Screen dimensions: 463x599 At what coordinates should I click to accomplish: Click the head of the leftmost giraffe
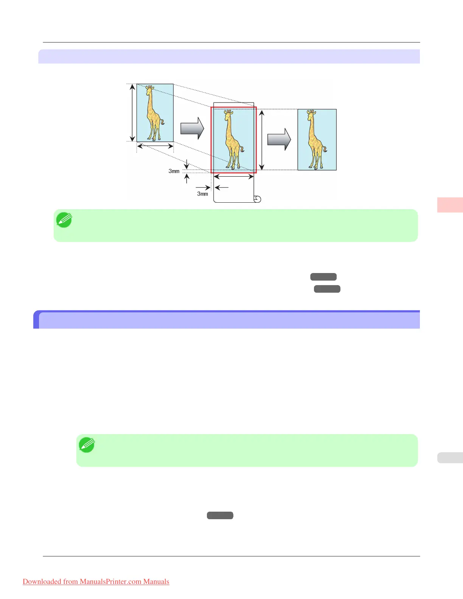pyautogui.click(x=150, y=89)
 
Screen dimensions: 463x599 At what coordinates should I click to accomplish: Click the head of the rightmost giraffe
pyautogui.click(x=311, y=113)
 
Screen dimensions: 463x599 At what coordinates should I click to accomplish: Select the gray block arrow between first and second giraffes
pyautogui.click(x=192, y=129)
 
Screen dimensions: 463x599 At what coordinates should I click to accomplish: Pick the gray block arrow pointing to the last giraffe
pyautogui.click(x=279, y=140)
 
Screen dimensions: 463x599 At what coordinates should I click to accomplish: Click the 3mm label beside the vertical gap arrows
pyautogui.click(x=174, y=171)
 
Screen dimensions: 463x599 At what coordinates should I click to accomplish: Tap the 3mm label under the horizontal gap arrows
pyautogui.click(x=202, y=194)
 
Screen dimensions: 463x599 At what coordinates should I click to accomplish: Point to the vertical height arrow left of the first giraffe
pyautogui.click(x=132, y=113)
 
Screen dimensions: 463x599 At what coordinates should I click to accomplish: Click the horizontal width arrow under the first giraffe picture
pyautogui.click(x=155, y=146)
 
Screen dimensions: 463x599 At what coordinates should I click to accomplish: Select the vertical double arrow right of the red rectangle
pyautogui.click(x=262, y=140)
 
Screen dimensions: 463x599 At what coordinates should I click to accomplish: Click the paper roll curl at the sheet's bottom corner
pyautogui.click(x=257, y=199)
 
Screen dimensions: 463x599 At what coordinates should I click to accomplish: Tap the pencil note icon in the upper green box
pyautogui.click(x=64, y=220)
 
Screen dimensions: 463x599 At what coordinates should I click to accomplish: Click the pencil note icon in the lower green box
pyautogui.click(x=87, y=445)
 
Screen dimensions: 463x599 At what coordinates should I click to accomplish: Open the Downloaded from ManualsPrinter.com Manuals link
pyautogui.click(x=96, y=582)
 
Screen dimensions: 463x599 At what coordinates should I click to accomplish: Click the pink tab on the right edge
pyautogui.click(x=450, y=205)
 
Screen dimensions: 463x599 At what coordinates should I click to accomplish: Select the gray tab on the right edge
pyautogui.click(x=450, y=458)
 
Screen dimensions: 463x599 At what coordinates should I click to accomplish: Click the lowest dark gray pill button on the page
pyautogui.click(x=220, y=515)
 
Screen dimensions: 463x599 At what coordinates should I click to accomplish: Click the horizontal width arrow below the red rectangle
pyautogui.click(x=233, y=177)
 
